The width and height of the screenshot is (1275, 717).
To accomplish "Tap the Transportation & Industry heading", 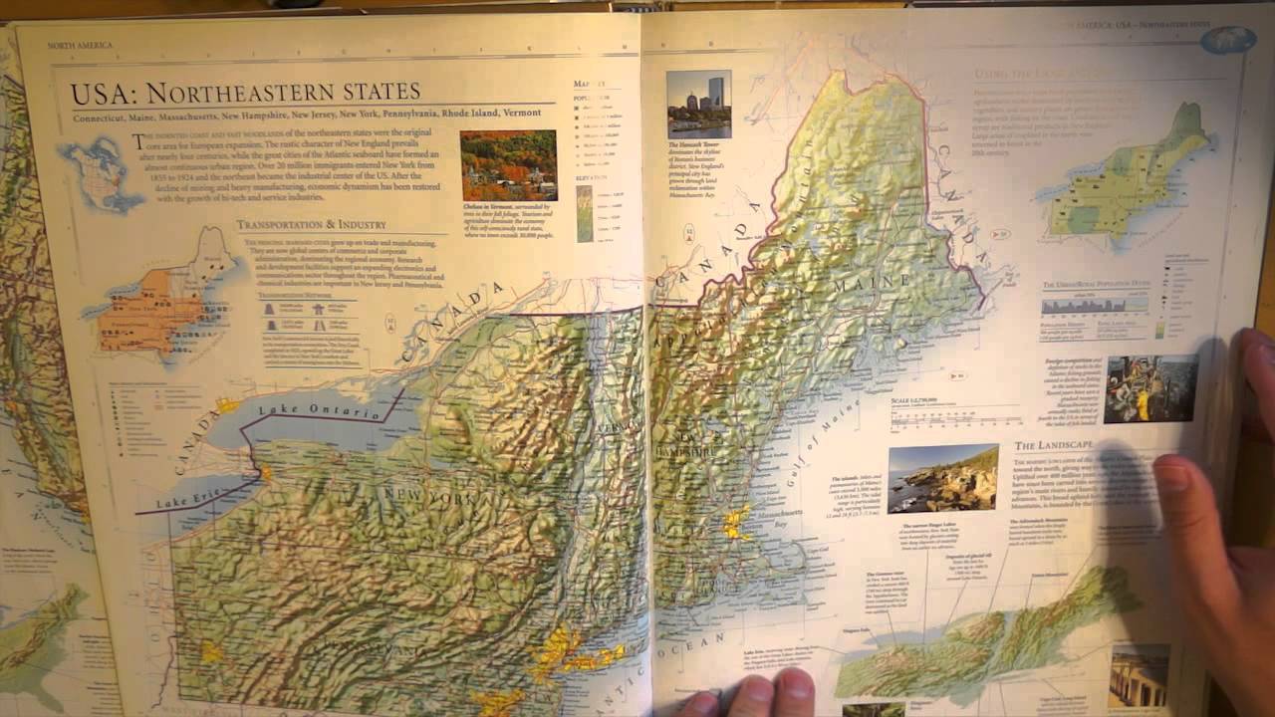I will tap(311, 225).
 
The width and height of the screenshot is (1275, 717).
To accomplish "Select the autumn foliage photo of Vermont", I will tap(508, 165).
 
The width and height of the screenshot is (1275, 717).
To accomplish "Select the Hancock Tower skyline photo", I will tap(698, 104).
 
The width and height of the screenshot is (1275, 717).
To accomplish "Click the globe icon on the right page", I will tap(1227, 40).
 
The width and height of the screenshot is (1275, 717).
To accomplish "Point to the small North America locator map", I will tap(100, 174).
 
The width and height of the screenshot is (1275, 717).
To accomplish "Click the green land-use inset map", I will tap(1131, 179).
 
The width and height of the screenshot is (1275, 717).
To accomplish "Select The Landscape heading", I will tap(1053, 445).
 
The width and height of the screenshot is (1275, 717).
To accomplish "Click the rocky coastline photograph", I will tap(942, 478).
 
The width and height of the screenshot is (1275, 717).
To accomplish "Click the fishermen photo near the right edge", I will tap(1150, 388).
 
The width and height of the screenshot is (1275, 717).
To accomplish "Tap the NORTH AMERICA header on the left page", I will tap(80, 45).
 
